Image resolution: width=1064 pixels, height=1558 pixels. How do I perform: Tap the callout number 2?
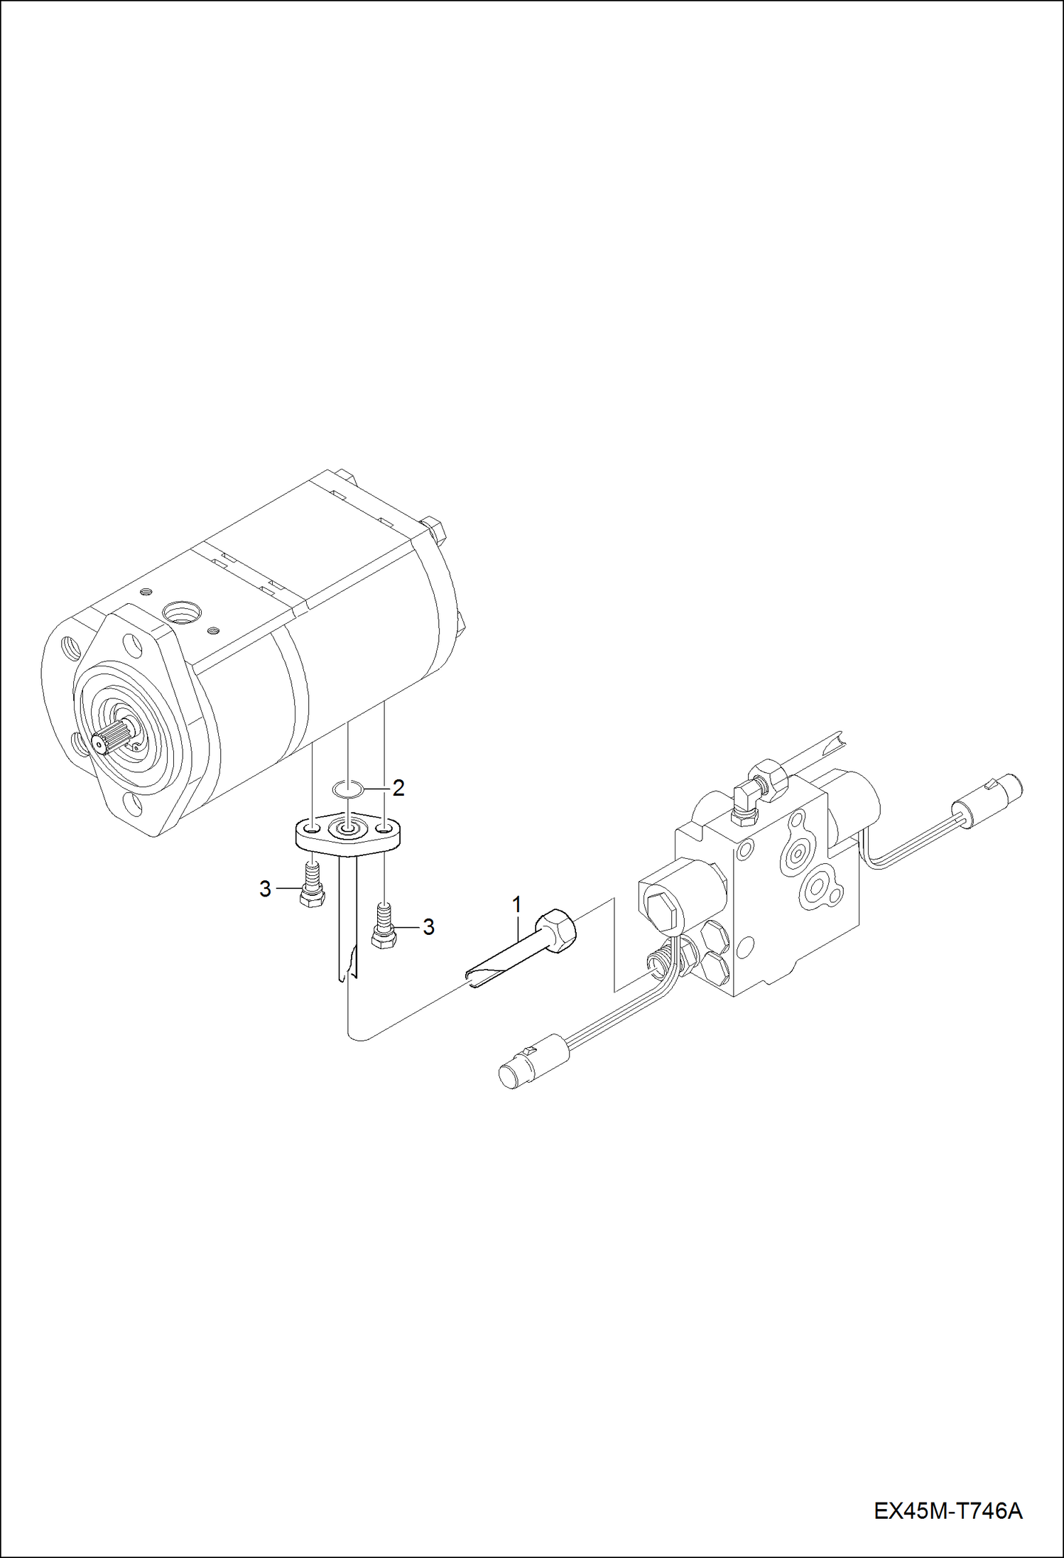click(x=398, y=787)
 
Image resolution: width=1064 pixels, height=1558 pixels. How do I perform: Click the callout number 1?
click(x=517, y=904)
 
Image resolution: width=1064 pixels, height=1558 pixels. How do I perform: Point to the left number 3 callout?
click(x=265, y=889)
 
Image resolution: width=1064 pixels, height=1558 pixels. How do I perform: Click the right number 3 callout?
click(x=428, y=927)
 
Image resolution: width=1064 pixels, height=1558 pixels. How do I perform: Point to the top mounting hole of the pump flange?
click(x=131, y=645)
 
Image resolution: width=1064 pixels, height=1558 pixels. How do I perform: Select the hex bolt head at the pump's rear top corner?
click(x=434, y=529)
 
